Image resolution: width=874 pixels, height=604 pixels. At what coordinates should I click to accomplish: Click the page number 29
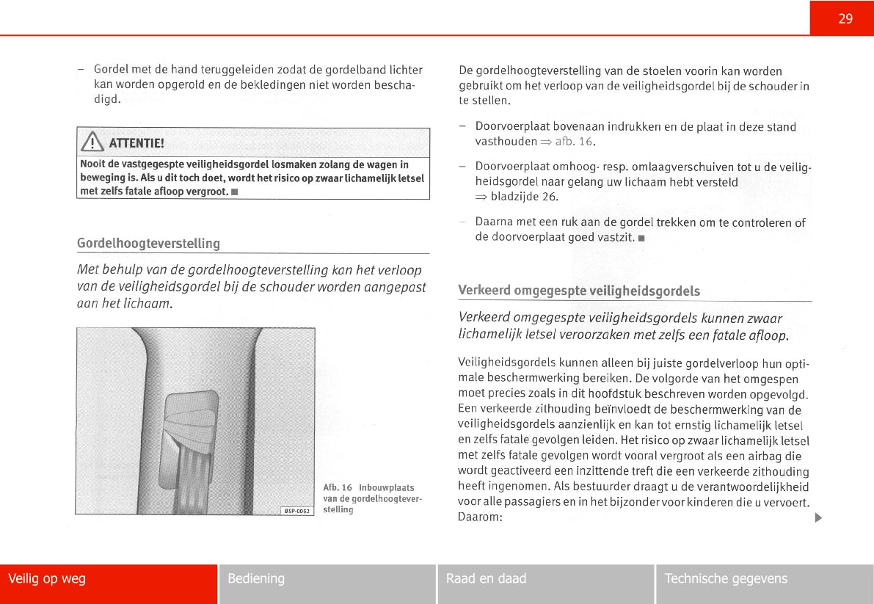[x=845, y=19]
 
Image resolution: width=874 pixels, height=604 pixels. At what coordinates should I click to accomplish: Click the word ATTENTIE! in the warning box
[x=136, y=142]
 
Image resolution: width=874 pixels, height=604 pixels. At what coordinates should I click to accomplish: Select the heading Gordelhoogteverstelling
[x=148, y=243]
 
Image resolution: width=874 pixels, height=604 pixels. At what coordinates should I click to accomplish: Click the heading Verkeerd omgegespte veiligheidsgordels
[x=579, y=291]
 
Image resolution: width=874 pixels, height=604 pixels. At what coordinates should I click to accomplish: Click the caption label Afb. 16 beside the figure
[x=338, y=487]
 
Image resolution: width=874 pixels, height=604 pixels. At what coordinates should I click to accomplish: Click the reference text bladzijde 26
[x=524, y=197]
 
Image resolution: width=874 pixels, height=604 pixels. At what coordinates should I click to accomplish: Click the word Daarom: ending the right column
[x=480, y=517]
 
